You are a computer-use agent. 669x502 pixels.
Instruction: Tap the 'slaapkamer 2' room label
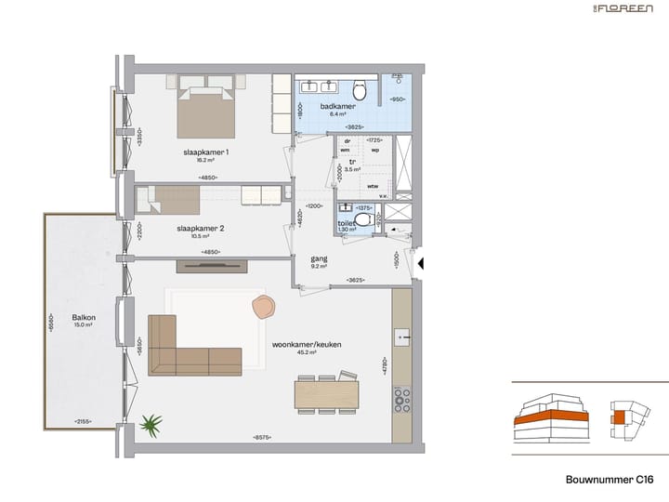(200, 227)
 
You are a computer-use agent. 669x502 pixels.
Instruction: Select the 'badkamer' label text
(333, 107)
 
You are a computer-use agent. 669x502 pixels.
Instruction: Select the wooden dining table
(326, 394)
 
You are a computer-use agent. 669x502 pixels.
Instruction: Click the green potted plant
(150, 426)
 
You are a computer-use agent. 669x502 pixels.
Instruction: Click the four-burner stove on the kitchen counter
(403, 401)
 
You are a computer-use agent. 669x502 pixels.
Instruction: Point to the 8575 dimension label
(262, 438)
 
